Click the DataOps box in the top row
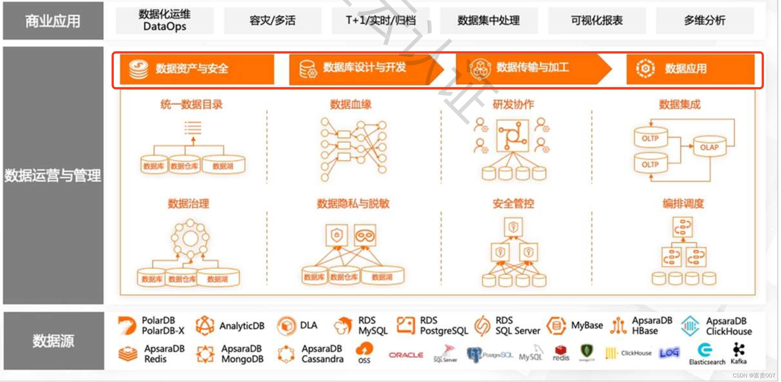(x=164, y=20)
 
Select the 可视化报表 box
(x=596, y=20)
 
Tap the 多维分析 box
(x=704, y=20)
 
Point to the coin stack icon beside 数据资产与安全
(x=138, y=69)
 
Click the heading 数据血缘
(x=351, y=104)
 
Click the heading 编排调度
(x=683, y=204)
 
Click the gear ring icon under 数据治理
(x=190, y=238)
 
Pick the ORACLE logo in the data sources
(x=406, y=355)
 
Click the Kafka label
(x=738, y=361)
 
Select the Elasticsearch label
(x=707, y=362)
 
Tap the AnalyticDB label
(x=242, y=326)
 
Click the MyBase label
(x=587, y=326)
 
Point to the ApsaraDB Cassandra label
(x=322, y=354)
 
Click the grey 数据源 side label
(x=53, y=341)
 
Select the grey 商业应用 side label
(x=53, y=21)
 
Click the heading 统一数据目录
(x=191, y=104)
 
